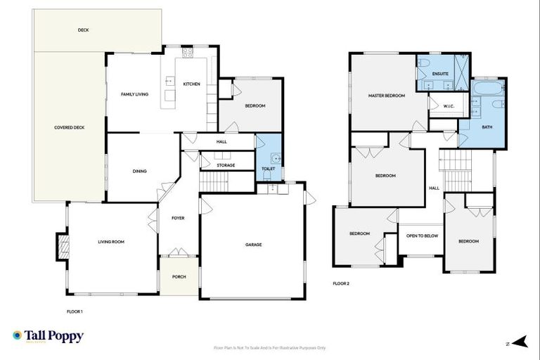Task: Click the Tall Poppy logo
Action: pyautogui.click(x=48, y=336)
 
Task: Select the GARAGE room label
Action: pyautogui.click(x=253, y=245)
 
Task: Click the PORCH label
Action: pyautogui.click(x=179, y=276)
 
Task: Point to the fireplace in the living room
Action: pyautogui.click(x=62, y=246)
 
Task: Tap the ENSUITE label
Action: pyautogui.click(x=441, y=74)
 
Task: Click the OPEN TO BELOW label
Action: pyautogui.click(x=422, y=236)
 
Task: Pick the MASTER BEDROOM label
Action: pyautogui.click(x=386, y=95)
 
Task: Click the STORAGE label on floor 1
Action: pyautogui.click(x=226, y=165)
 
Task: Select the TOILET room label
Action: pyautogui.click(x=268, y=169)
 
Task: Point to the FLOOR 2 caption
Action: pyautogui.click(x=341, y=283)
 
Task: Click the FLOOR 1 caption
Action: pyautogui.click(x=75, y=310)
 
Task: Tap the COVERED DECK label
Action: pyautogui.click(x=70, y=127)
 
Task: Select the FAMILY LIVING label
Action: pyautogui.click(x=134, y=94)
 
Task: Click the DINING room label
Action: pyautogui.click(x=139, y=171)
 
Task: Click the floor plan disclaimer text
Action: pyautogui.click(x=269, y=347)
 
